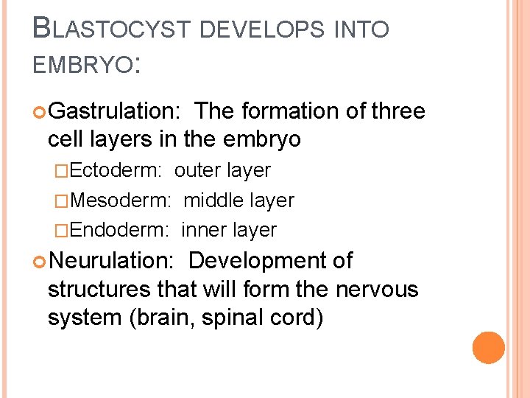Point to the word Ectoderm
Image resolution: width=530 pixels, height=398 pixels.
tap(118, 170)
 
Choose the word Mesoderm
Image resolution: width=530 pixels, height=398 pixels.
tap(121, 200)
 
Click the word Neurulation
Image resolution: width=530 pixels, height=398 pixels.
tap(111, 261)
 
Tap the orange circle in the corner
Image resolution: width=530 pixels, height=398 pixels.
tap(489, 347)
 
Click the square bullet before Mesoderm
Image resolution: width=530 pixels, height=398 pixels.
tap(64, 200)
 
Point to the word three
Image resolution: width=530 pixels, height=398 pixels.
tap(398, 111)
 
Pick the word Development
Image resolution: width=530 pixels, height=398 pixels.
tap(261, 261)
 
